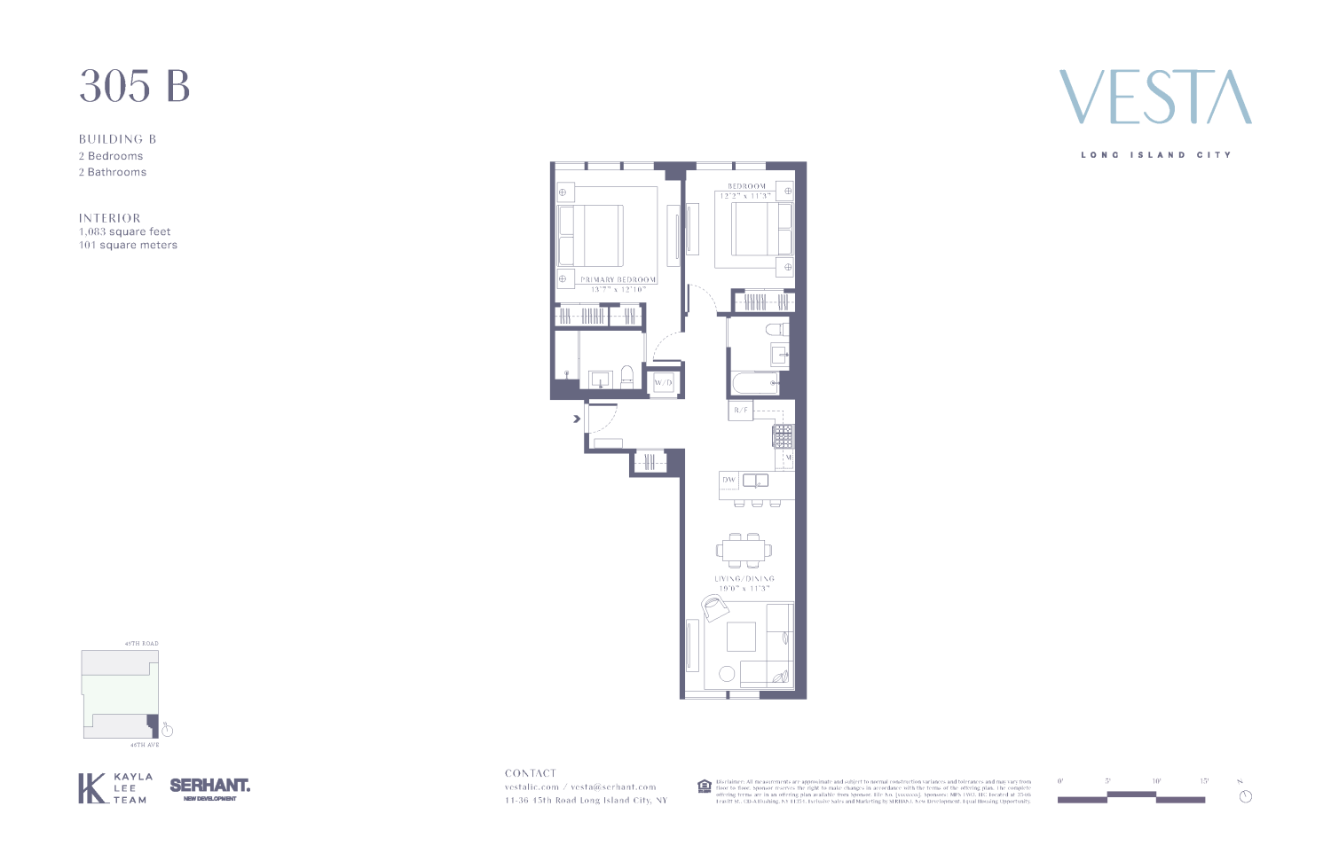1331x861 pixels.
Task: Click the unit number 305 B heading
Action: point(135,86)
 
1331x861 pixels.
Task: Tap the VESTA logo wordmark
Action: point(1155,98)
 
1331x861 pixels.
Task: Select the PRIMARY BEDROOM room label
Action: point(618,279)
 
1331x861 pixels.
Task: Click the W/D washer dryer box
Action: point(664,383)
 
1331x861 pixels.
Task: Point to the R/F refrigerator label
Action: point(741,411)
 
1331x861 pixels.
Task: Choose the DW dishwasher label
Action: point(729,480)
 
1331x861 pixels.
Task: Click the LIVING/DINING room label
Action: point(744,578)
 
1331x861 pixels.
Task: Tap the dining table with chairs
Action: point(745,550)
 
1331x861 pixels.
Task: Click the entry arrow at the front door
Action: point(577,418)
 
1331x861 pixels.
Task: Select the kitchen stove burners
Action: point(783,436)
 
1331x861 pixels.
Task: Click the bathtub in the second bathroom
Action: point(754,384)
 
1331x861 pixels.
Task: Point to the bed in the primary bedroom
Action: point(591,235)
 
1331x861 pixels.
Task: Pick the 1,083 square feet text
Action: point(125,231)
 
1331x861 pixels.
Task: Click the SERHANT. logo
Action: point(210,786)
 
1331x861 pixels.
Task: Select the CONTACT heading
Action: point(531,773)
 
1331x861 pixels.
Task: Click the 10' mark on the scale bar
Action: point(1156,781)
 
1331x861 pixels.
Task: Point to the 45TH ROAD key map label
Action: point(142,644)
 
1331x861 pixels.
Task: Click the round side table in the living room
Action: point(727,674)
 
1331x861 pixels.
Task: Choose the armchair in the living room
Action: point(714,607)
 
